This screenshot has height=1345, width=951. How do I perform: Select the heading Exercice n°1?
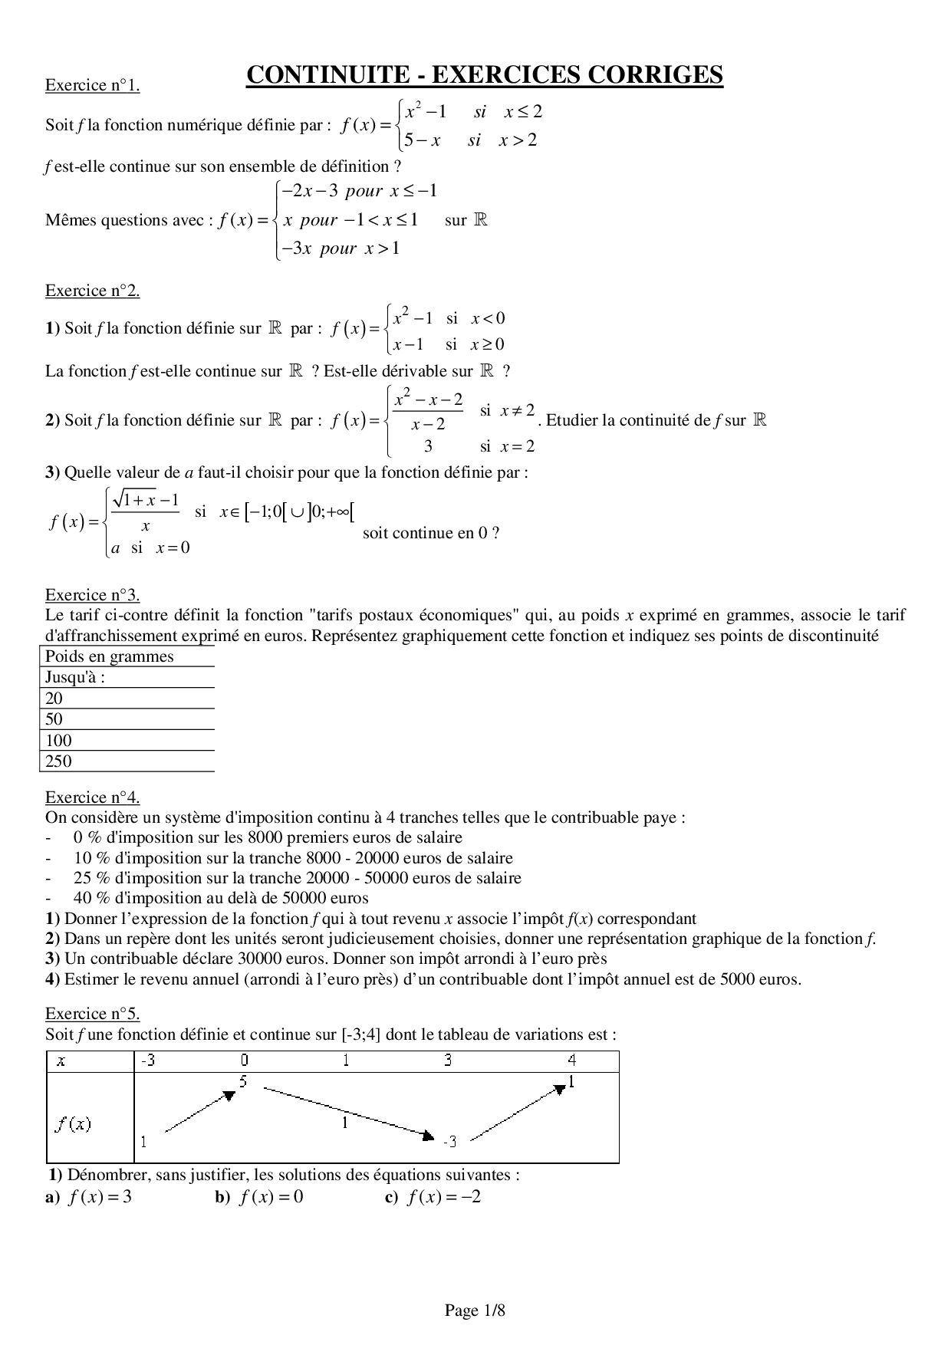point(92,85)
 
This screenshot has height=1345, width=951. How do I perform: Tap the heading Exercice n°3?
point(92,595)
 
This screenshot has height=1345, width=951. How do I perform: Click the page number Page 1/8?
point(475,1310)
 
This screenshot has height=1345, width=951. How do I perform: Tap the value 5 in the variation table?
point(243,1082)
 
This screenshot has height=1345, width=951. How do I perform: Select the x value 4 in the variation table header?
point(571,1061)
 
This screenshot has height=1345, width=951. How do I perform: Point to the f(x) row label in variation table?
point(74,1124)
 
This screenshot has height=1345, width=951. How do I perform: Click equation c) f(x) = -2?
point(433,1197)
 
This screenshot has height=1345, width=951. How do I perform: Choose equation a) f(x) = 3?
point(90,1197)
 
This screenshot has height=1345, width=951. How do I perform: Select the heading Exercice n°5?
point(92,1014)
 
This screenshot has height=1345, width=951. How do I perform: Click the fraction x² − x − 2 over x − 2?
point(428,411)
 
